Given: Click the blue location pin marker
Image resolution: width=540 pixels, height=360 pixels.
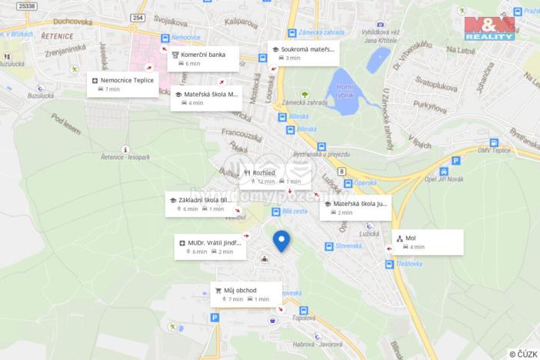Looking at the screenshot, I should click(x=282, y=240).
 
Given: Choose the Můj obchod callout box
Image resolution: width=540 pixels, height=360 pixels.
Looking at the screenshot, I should click(x=246, y=294).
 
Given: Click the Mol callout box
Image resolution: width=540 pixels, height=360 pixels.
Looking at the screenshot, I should click(x=428, y=242).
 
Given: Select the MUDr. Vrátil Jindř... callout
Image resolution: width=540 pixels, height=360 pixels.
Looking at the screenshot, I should click(x=210, y=246).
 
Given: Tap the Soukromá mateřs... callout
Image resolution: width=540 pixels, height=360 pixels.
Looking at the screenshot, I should click(x=303, y=52).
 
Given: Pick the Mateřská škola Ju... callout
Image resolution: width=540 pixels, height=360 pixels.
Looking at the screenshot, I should click(x=355, y=208).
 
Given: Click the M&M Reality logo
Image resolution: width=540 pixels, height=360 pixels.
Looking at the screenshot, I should click(x=490, y=28).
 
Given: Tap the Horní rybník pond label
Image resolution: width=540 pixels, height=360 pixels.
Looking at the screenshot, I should click(x=345, y=91).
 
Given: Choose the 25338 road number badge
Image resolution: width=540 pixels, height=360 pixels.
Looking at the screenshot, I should click(x=27, y=6).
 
